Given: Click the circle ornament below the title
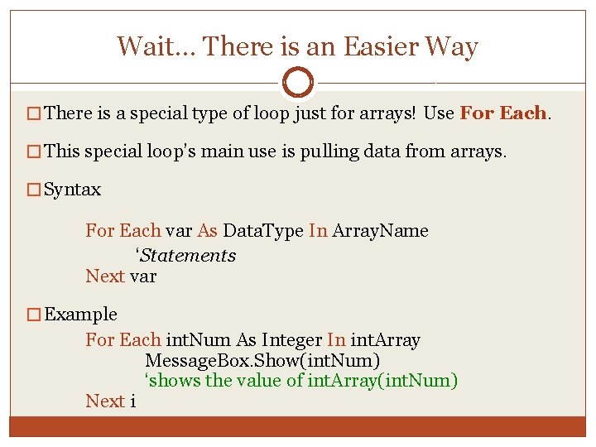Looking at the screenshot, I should click(x=297, y=82).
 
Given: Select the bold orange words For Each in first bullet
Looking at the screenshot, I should click(x=503, y=113).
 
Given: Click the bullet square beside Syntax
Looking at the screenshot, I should click(x=34, y=190).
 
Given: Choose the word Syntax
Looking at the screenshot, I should click(x=72, y=190).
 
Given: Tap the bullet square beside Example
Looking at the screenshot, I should click(x=34, y=315).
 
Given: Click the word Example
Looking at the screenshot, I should click(x=80, y=315).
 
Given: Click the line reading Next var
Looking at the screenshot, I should click(x=121, y=276).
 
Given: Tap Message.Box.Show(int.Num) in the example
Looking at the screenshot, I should click(x=262, y=361).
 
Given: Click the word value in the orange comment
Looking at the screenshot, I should click(x=260, y=381).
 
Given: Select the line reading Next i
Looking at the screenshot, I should click(x=111, y=401).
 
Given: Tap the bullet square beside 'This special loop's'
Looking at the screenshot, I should click(x=34, y=152).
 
